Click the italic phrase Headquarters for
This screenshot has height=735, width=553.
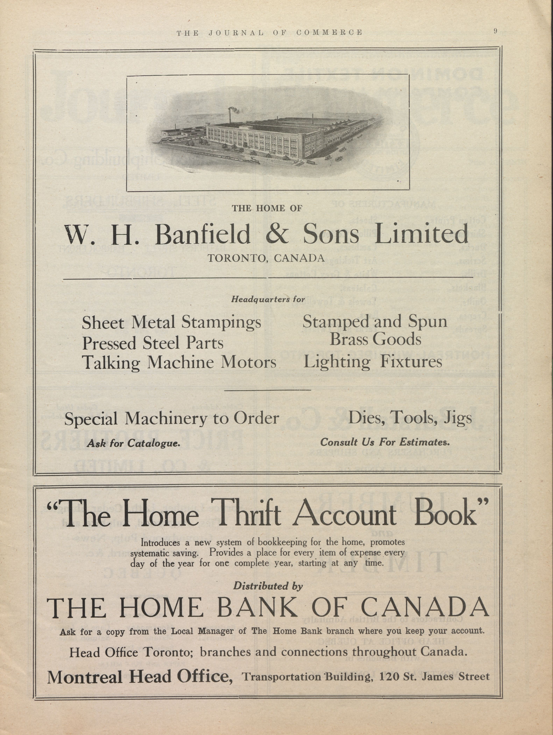point(268,299)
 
